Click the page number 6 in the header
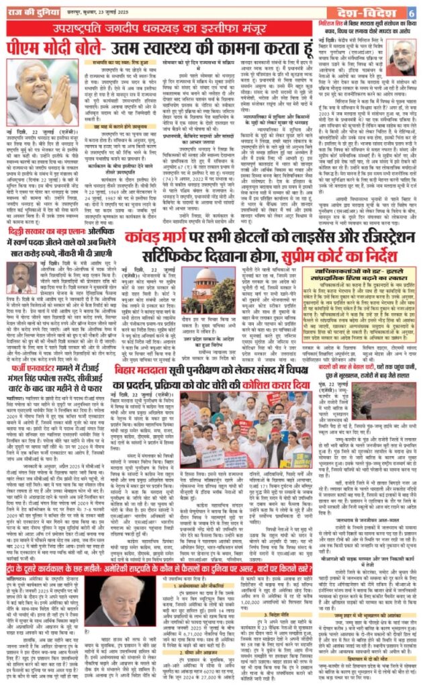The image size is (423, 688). [411, 13]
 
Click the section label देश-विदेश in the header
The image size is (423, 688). [375, 13]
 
